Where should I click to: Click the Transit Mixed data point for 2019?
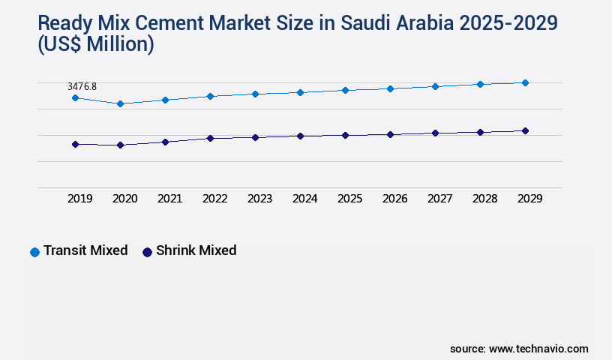(75, 98)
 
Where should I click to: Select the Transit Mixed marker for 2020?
(120, 103)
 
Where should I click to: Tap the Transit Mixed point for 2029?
(525, 82)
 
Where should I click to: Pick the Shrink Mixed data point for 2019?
(75, 144)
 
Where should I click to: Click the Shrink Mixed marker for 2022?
(210, 138)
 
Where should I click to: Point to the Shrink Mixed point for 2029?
(525, 130)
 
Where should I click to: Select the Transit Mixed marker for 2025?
(345, 90)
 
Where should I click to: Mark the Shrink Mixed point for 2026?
(390, 134)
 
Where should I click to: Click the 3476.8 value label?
(82, 87)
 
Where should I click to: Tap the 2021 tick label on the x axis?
(169, 199)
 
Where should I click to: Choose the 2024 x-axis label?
(304, 199)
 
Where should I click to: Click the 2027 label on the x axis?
(439, 199)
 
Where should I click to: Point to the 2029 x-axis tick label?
(529, 199)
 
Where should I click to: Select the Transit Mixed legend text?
(85, 250)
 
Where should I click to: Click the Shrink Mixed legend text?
(196, 250)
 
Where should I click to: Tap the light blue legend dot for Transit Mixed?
(34, 252)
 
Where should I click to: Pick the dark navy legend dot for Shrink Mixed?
(147, 252)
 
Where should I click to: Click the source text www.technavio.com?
(538, 349)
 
